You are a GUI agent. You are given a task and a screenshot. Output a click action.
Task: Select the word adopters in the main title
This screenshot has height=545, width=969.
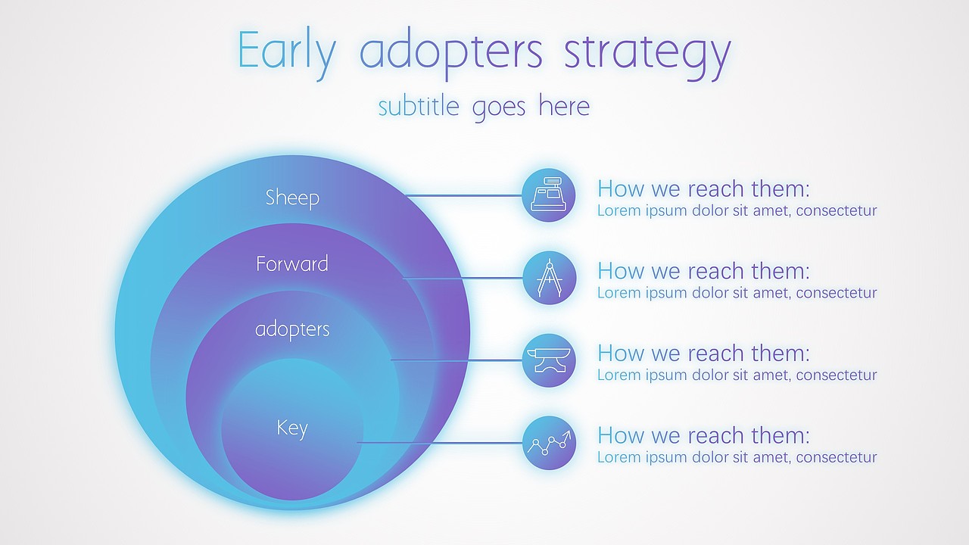click(450, 53)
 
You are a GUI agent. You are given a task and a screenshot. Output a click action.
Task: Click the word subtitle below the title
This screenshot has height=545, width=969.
click(419, 105)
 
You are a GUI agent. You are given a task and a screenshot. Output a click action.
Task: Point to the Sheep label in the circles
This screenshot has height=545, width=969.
click(292, 198)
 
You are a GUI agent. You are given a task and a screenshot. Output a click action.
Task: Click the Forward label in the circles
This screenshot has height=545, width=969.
click(292, 263)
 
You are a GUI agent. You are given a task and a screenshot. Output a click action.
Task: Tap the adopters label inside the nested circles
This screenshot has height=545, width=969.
click(292, 329)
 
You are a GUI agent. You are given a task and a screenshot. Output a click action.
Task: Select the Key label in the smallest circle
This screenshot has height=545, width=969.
click(292, 428)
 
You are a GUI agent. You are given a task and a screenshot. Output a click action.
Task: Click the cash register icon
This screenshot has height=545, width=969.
click(549, 195)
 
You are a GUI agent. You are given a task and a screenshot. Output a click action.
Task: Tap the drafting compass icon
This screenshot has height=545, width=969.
click(550, 278)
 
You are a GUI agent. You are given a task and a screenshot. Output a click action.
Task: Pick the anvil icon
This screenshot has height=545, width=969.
click(549, 360)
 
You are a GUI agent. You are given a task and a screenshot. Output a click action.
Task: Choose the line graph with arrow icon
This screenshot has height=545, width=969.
click(550, 443)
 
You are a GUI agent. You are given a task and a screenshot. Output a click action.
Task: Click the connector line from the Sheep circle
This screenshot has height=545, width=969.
click(464, 195)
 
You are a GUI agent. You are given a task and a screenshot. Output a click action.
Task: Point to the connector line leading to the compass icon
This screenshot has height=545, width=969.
click(463, 278)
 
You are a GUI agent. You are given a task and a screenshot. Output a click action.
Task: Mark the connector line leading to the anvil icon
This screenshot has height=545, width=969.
click(456, 360)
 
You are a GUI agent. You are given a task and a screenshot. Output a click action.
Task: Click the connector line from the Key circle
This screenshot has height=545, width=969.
click(440, 443)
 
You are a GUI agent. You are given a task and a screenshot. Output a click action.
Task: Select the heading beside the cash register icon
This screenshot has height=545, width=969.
click(703, 189)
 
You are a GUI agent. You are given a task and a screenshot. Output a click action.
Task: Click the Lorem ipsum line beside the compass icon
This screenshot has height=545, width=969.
click(737, 293)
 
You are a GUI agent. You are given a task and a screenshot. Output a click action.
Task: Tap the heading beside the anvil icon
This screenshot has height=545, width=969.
click(703, 353)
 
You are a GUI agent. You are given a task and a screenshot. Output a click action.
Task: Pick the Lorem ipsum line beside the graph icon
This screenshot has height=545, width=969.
click(737, 457)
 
